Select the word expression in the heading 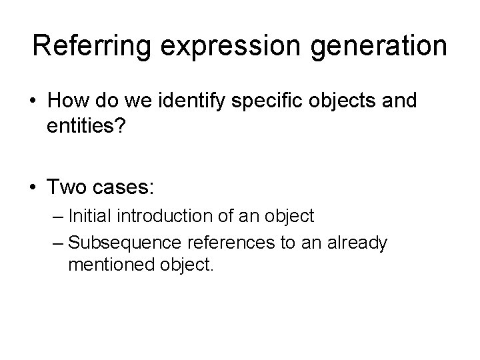pos(215,46)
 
